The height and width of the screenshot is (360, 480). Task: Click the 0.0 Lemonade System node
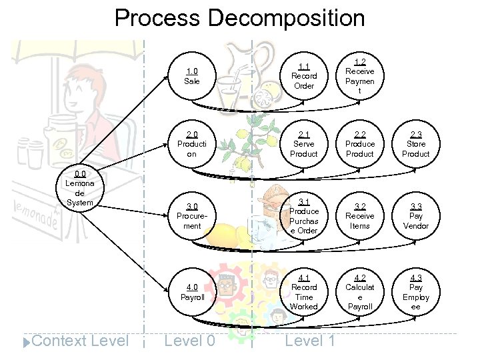pyautogui.click(x=80, y=188)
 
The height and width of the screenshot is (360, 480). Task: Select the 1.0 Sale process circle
pyautogui.click(x=192, y=76)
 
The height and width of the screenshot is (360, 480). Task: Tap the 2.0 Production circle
pyautogui.click(x=192, y=143)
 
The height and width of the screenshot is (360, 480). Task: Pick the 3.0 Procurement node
pyautogui.click(x=192, y=216)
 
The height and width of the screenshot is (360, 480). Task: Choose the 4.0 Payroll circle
pyautogui.click(x=192, y=292)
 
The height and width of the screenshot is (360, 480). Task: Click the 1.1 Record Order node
pyautogui.click(x=304, y=76)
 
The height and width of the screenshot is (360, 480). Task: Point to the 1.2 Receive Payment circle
pyautogui.click(x=360, y=76)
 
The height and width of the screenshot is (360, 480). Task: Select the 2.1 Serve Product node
pyautogui.click(x=304, y=144)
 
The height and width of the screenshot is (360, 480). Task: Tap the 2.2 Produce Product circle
pyautogui.click(x=360, y=144)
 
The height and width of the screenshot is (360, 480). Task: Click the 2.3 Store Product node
pyautogui.click(x=415, y=144)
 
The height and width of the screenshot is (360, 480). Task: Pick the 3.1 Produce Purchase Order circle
pyautogui.click(x=304, y=216)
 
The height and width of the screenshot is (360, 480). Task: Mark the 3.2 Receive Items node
pyautogui.click(x=360, y=216)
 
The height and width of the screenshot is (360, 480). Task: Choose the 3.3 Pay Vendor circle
pyautogui.click(x=415, y=216)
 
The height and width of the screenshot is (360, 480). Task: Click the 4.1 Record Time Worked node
pyautogui.click(x=304, y=292)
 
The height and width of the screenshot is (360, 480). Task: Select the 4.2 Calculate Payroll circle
pyautogui.click(x=360, y=292)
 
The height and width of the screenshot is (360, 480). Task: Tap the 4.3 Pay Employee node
pyautogui.click(x=415, y=292)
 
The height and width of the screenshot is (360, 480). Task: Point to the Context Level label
pyautogui.click(x=79, y=341)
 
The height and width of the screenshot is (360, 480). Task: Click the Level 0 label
pyautogui.click(x=189, y=341)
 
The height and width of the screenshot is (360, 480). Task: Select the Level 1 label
pyautogui.click(x=310, y=341)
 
